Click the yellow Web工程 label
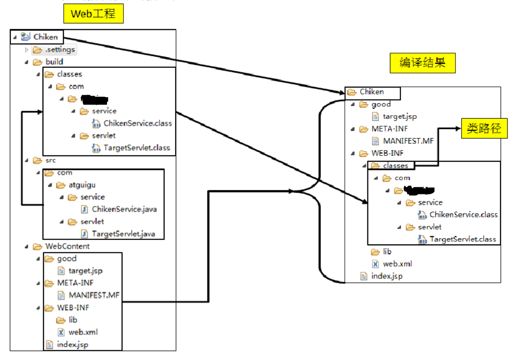[x=93, y=14]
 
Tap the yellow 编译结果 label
[x=422, y=63]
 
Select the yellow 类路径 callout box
[x=485, y=129]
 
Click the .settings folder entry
[x=60, y=50]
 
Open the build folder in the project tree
[x=54, y=62]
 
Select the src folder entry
[x=50, y=160]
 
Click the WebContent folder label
[x=67, y=246]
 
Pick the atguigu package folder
[x=82, y=185]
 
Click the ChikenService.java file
[x=124, y=209]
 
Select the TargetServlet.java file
[x=123, y=233]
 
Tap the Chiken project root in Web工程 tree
[x=45, y=37]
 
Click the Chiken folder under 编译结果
[x=371, y=92]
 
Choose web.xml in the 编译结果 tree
[x=397, y=264]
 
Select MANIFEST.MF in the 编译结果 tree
[x=408, y=141]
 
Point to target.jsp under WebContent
[x=85, y=271]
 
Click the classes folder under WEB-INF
[x=395, y=166]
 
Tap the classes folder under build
[x=69, y=74]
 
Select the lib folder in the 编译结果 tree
[x=387, y=252]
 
